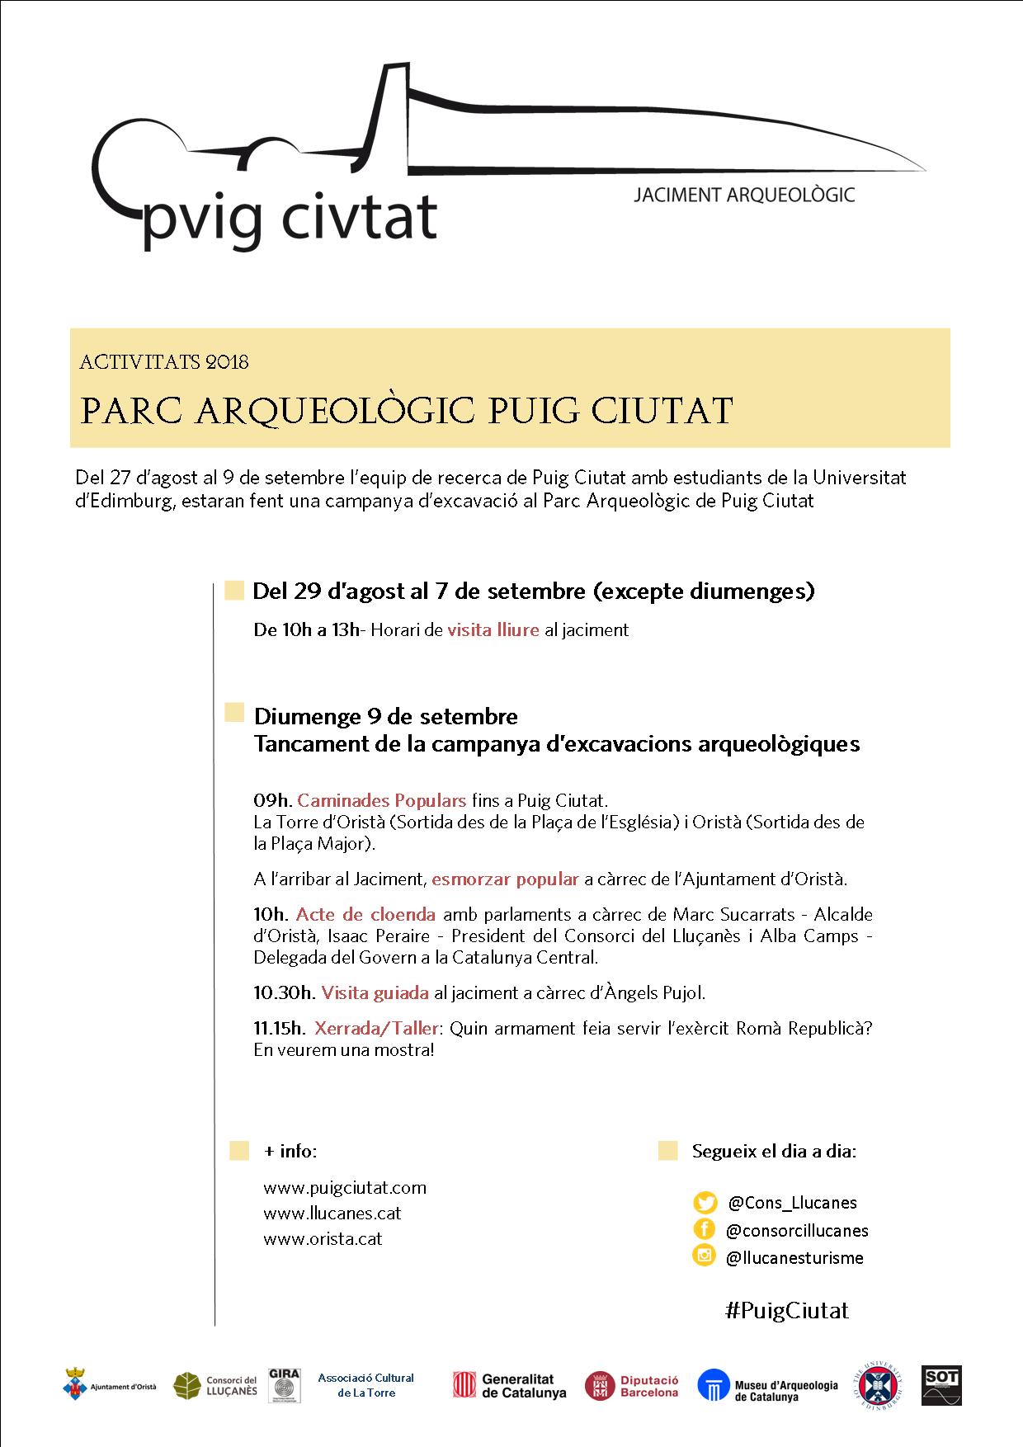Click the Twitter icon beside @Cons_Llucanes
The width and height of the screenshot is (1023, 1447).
click(705, 1202)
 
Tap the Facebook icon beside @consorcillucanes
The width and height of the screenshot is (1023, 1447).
click(705, 1229)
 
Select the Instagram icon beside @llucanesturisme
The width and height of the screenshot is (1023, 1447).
click(705, 1256)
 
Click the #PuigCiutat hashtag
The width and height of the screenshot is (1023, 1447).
click(786, 1311)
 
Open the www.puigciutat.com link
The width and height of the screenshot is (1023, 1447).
click(345, 1188)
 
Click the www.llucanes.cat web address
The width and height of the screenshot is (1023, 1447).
click(332, 1214)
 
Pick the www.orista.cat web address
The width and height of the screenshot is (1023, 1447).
click(323, 1239)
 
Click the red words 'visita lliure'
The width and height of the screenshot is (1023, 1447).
click(493, 630)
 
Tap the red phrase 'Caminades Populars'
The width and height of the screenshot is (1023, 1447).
click(381, 800)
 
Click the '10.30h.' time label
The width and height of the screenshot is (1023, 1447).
click(285, 992)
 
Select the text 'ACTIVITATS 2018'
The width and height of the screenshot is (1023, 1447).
click(164, 362)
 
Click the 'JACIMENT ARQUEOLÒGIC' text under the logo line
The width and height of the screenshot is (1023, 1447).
click(743, 196)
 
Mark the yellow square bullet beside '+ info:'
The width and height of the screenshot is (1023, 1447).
click(239, 1151)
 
